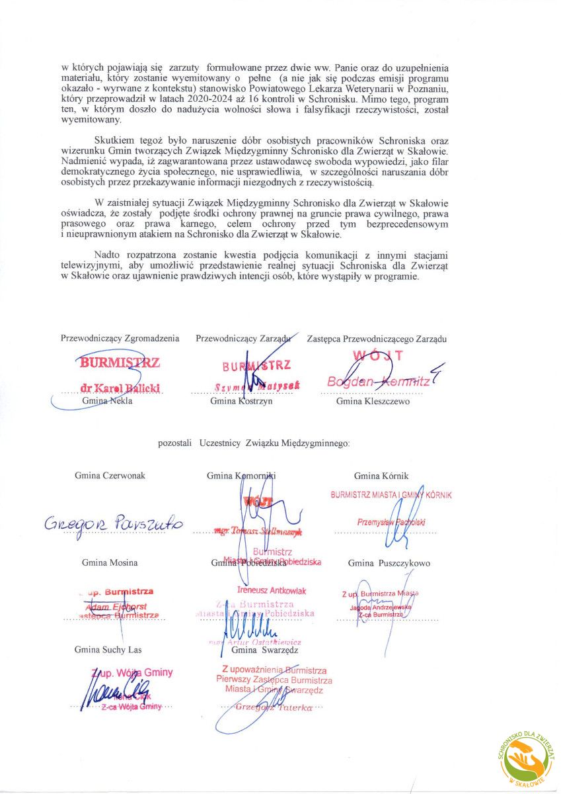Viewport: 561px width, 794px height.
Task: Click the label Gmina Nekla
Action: point(107,401)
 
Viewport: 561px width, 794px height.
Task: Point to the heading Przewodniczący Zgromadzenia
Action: point(120,338)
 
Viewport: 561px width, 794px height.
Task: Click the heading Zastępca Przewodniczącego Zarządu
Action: point(377,339)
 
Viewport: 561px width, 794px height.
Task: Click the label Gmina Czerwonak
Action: point(110,475)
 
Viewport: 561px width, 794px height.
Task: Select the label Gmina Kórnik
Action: point(381,476)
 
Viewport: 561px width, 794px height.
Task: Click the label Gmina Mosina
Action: point(110,562)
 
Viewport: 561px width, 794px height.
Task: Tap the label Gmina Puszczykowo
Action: point(389,563)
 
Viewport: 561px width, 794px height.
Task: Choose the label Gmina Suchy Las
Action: point(108,650)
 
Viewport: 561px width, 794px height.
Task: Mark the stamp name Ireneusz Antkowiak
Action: point(272,590)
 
